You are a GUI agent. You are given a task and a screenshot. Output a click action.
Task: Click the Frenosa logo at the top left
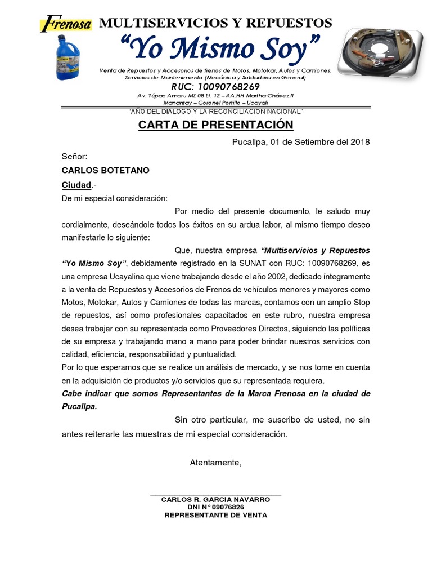pyautogui.click(x=64, y=23)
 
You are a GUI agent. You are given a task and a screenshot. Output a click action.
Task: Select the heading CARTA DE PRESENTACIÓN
pyautogui.click(x=216, y=125)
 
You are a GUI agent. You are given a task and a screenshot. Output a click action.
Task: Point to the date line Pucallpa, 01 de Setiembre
pyautogui.click(x=301, y=141)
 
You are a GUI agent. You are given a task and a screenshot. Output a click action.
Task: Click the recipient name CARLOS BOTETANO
pyautogui.click(x=105, y=170)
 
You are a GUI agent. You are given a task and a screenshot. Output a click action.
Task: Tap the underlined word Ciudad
pyautogui.click(x=76, y=184)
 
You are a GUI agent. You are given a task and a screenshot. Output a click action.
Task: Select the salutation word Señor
pyautogui.click(x=74, y=156)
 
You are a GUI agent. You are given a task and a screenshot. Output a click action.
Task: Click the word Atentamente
pyautogui.click(x=215, y=463)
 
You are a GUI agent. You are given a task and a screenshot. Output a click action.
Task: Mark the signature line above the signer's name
pyautogui.click(x=215, y=495)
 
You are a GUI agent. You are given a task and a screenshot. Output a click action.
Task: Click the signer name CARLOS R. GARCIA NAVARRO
pyautogui.click(x=215, y=500)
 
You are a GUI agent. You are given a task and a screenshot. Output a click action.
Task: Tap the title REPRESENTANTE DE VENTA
pyautogui.click(x=215, y=515)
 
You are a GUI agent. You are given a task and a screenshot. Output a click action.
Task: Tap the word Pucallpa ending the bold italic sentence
pyautogui.click(x=79, y=406)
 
